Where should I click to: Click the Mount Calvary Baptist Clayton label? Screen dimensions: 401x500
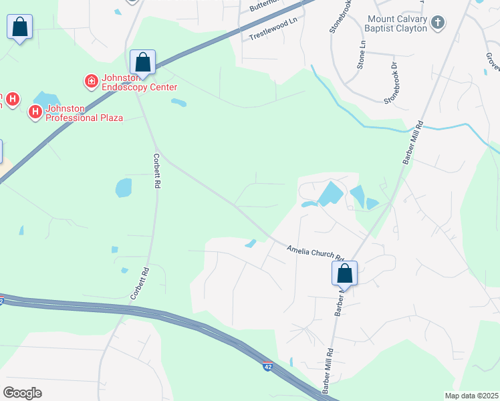[396, 24]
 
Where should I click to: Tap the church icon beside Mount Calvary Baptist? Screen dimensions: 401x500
[437, 23]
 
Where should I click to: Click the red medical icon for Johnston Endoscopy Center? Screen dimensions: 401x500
[90, 82]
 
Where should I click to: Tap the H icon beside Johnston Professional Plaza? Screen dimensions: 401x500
[35, 112]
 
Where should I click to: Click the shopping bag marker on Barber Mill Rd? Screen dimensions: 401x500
[344, 273]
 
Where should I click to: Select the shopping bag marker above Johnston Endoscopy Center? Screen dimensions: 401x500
[142, 62]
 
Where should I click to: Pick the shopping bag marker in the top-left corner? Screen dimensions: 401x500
[20, 28]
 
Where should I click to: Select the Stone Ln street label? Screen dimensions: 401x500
[362, 54]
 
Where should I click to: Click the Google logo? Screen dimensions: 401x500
[23, 392]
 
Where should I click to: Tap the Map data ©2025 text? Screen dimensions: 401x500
[471, 396]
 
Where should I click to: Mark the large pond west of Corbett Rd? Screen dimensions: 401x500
[124, 188]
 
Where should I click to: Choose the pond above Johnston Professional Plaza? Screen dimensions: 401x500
[47, 98]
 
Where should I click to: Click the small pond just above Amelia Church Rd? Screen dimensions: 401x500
[251, 243]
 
